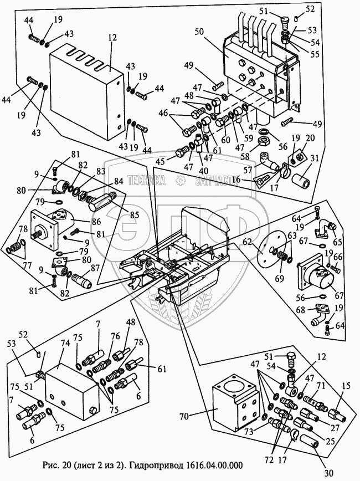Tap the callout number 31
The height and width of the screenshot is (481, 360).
[x=315, y=160]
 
